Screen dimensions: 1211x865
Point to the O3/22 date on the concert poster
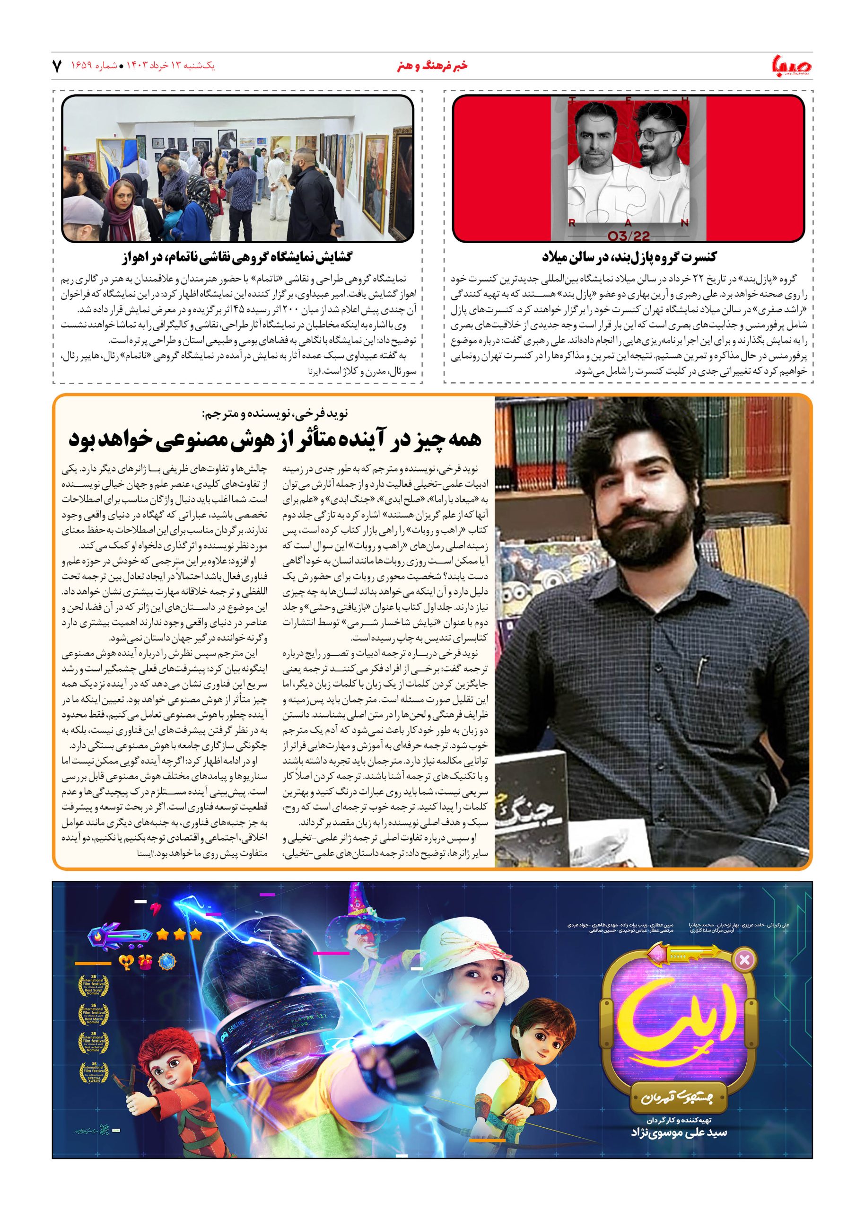[x=628, y=236]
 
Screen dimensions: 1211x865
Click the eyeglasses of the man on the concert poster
[x=650, y=133]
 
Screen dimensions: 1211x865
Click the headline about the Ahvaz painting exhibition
[x=237, y=257]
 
